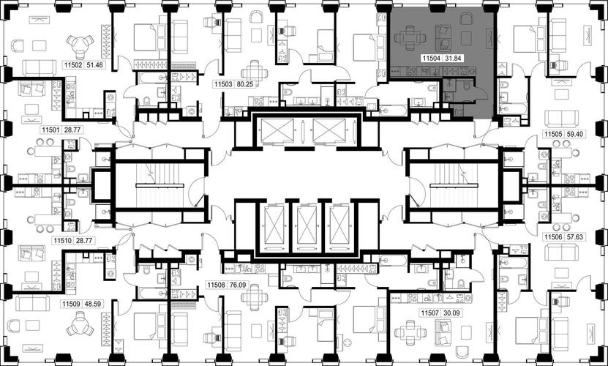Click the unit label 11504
pos(431,59)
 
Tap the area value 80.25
pos(246,84)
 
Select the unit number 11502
pos(72,65)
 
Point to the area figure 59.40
pos(574,134)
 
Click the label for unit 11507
pos(429,313)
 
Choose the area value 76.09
pos(237,285)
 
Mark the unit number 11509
pos(70,305)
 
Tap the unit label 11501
pos(51,130)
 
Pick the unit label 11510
pos(62,241)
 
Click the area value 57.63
pos(574,236)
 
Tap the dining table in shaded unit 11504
pos(410,37)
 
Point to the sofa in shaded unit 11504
pos(443,38)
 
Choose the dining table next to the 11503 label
pos(255,72)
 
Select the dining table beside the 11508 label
pos(255,297)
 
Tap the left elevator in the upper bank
pos(277,130)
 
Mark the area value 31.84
pos(454,59)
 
